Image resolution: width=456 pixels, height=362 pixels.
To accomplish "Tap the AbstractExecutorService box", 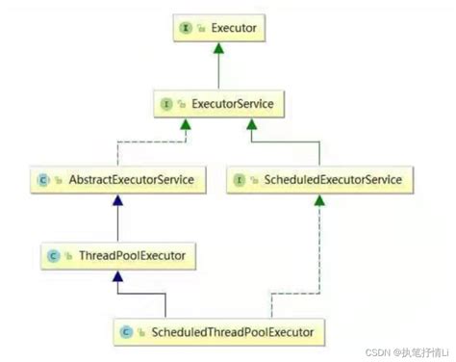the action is [x=117, y=179].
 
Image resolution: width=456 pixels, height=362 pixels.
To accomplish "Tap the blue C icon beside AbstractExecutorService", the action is [x=42, y=179].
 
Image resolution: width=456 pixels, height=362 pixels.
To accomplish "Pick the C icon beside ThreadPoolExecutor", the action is [x=56, y=255].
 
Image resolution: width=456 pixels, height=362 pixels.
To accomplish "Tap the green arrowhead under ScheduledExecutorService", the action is [x=317, y=200].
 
